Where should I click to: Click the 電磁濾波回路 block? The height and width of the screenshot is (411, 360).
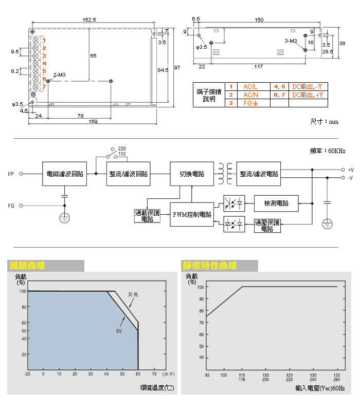(x=64, y=174)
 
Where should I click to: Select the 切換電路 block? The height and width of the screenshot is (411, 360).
(x=192, y=174)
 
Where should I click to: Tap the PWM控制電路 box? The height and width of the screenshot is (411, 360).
(x=192, y=214)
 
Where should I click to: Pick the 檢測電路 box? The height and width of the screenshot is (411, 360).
(x=276, y=203)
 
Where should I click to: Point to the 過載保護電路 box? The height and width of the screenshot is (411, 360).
(x=147, y=215)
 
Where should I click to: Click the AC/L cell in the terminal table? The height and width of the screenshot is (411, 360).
(x=250, y=87)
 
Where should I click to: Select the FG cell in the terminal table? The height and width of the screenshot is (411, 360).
(x=250, y=103)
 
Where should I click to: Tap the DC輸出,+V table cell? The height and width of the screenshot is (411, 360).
(x=308, y=95)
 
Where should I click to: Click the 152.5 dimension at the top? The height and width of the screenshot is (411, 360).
(x=89, y=20)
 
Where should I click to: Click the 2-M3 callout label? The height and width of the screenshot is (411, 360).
(x=59, y=75)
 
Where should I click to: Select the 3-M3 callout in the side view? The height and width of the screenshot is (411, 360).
(x=290, y=41)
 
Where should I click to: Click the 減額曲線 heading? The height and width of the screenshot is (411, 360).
(x=27, y=266)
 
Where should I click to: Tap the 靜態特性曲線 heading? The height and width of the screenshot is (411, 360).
(x=210, y=266)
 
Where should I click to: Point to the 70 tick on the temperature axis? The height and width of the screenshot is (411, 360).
(x=154, y=374)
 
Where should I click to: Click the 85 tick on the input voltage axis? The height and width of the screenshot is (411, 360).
(x=207, y=375)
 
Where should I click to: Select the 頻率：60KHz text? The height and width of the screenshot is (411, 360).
(x=328, y=151)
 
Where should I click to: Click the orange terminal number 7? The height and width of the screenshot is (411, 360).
(x=44, y=86)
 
